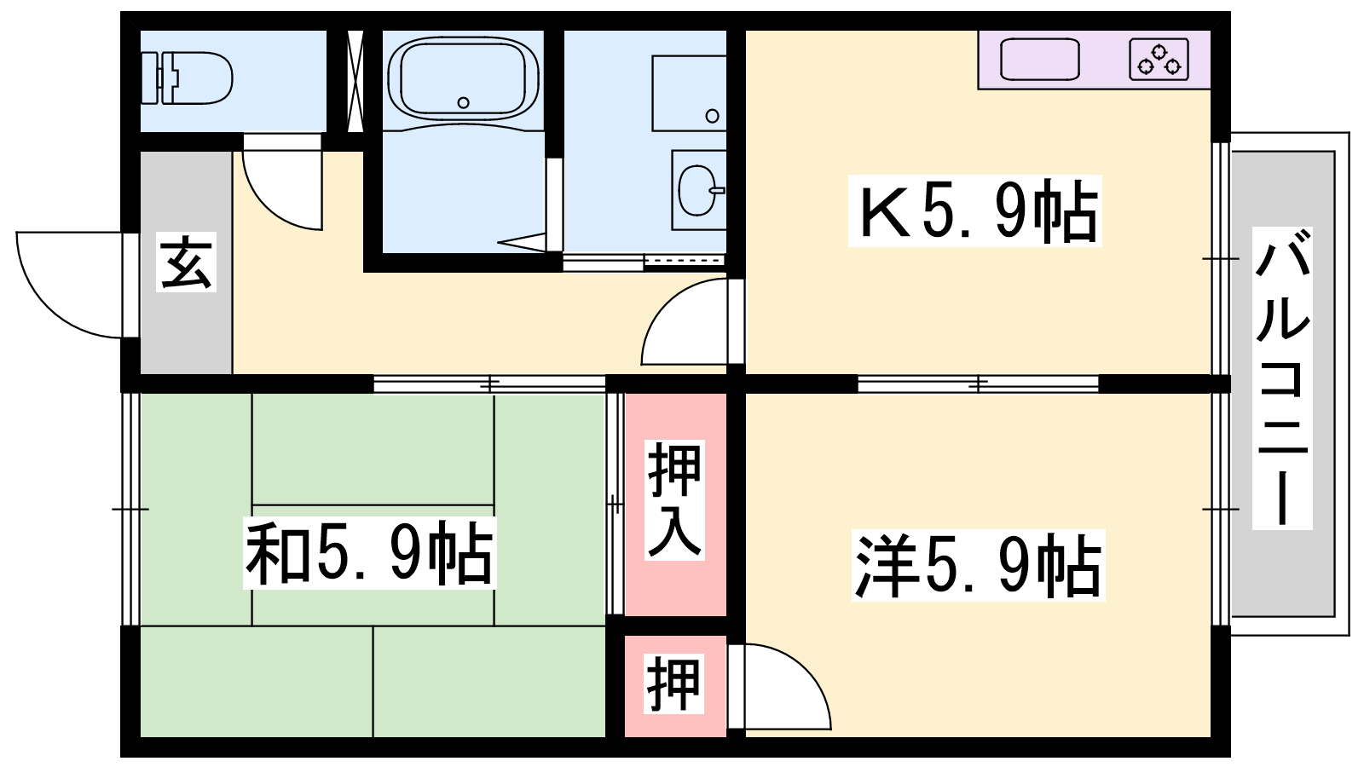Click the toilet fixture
tap(186, 78)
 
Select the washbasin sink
tap(699, 190)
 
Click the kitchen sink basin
tap(1040, 59)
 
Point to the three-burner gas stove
tap(1159, 59)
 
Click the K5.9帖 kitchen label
tap(975, 210)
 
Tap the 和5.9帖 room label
tap(369, 553)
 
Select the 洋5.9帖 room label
tap(978, 566)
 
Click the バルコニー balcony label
tap(1282, 378)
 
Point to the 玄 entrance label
tap(186, 262)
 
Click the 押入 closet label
tap(674, 499)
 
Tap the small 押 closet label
tap(673, 683)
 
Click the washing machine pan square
tap(689, 93)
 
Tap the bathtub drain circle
tap(464, 103)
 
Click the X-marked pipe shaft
tap(355, 81)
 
